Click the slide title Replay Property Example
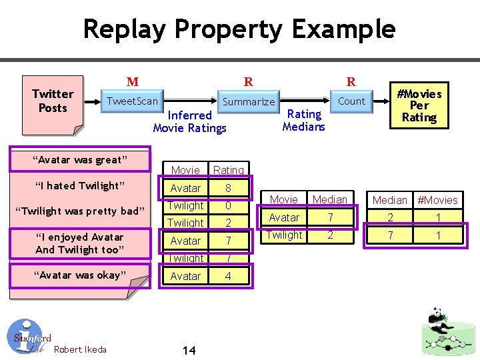(239, 29)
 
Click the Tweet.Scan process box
(133, 101)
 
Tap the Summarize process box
(248, 102)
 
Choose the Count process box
(351, 101)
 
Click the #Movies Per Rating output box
(419, 105)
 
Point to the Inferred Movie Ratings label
(190, 121)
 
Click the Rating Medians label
(303, 120)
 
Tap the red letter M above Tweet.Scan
(133, 82)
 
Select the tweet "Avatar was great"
(81, 160)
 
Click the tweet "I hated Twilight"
(81, 185)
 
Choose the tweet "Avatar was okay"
(81, 275)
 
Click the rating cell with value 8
(228, 188)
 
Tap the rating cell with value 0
(228, 205)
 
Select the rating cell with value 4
(228, 275)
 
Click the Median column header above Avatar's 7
(330, 199)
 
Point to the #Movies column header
(437, 200)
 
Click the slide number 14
(189, 350)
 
